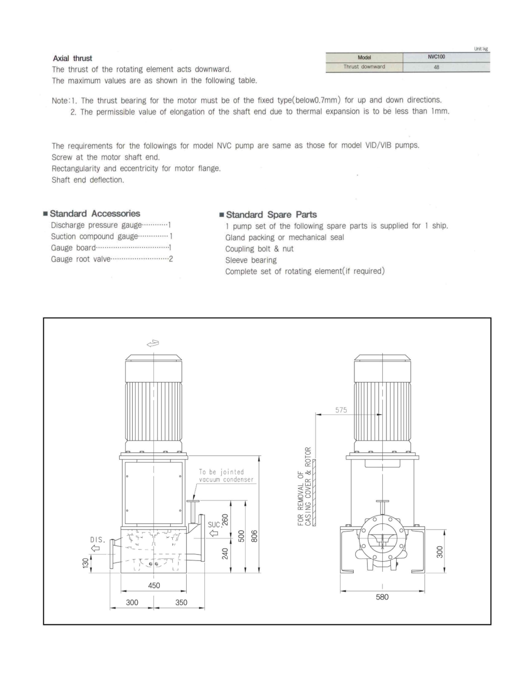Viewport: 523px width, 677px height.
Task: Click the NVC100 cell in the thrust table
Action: coord(436,57)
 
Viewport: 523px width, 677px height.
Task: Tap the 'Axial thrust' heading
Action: coord(73,58)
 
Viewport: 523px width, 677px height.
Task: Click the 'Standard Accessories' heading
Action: coord(95,214)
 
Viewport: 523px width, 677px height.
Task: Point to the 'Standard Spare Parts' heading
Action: coord(271,214)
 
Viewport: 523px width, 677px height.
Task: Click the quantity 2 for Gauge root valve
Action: coord(171,259)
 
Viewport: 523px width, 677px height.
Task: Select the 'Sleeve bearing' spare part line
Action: coord(251,260)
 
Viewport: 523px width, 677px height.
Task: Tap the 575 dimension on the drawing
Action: coord(341,410)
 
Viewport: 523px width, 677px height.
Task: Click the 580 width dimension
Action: coord(382,597)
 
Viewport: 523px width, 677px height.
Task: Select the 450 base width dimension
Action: coord(154,585)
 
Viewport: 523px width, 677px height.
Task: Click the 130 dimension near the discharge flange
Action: coord(85,563)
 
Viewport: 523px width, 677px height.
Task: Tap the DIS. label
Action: coord(98,540)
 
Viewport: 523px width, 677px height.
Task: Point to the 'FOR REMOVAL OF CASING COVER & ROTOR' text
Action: coord(304,486)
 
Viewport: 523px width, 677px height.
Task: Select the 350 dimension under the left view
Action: coord(181,602)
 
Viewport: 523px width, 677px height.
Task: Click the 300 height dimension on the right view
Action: coord(440,552)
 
